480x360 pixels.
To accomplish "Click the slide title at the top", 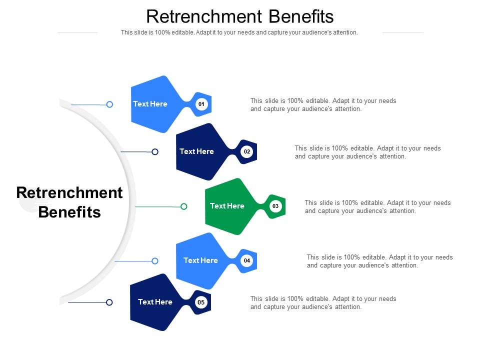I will [240, 16].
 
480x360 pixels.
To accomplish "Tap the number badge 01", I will [201, 104].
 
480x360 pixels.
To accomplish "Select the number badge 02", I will [247, 151].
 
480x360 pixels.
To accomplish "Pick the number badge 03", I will [275, 206].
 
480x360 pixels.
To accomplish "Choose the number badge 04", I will [247, 260].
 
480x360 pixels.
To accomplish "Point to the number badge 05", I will [201, 302].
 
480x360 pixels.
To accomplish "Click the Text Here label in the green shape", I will [227, 206].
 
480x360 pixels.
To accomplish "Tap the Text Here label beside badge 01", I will [150, 104].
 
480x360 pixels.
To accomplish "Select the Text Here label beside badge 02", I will [196, 151].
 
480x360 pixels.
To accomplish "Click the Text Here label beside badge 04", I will [200, 260].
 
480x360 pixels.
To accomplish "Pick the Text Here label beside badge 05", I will [155, 302].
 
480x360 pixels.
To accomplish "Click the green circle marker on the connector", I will [184, 206].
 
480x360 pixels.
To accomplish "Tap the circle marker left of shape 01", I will [109, 104].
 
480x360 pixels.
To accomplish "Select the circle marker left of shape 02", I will [155, 152].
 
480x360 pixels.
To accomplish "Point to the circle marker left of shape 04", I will [155, 261].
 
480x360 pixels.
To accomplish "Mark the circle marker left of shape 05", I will [109, 302].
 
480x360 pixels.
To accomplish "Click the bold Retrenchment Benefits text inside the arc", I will [69, 202].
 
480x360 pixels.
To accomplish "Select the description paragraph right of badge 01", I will [323, 105].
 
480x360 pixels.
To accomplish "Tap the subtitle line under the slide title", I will [239, 32].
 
